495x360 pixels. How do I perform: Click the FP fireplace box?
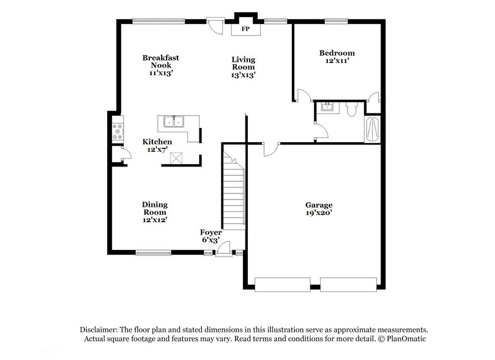tap(245, 29)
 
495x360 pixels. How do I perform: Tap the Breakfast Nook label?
tap(160, 65)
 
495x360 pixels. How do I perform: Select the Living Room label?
tap(243, 67)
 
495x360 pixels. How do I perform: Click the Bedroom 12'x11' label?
tap(337, 57)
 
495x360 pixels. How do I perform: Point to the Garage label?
tap(319, 209)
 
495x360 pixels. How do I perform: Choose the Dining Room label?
tap(155, 212)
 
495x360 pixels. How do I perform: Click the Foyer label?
tap(211, 236)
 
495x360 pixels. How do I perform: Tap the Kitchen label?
tap(157, 145)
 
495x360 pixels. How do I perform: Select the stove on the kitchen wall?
tap(117, 132)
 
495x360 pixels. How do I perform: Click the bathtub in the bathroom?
tap(372, 130)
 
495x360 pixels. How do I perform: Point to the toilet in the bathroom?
tap(351, 110)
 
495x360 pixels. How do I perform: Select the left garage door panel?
tap(283, 284)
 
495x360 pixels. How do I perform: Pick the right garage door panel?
tap(348, 284)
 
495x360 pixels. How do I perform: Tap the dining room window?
tap(154, 252)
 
